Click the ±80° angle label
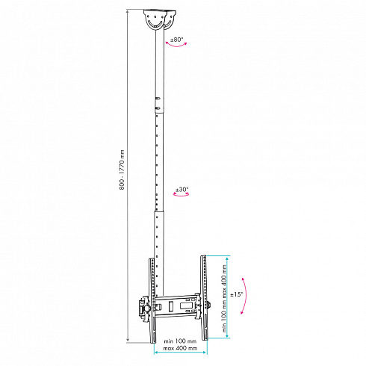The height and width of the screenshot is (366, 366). point(176,40)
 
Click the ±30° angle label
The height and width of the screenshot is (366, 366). point(182,190)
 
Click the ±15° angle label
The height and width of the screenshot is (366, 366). point(236,294)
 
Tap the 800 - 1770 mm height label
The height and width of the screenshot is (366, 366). point(122,170)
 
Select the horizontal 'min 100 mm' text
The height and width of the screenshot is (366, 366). point(180,341)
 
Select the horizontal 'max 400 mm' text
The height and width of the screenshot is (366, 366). point(180,348)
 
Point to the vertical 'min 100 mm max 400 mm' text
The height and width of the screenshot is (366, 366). point(224,298)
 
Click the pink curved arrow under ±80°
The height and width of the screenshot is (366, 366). point(176,45)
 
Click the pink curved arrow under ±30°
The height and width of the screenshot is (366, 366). point(181,195)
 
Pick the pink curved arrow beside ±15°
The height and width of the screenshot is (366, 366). point(246,296)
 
